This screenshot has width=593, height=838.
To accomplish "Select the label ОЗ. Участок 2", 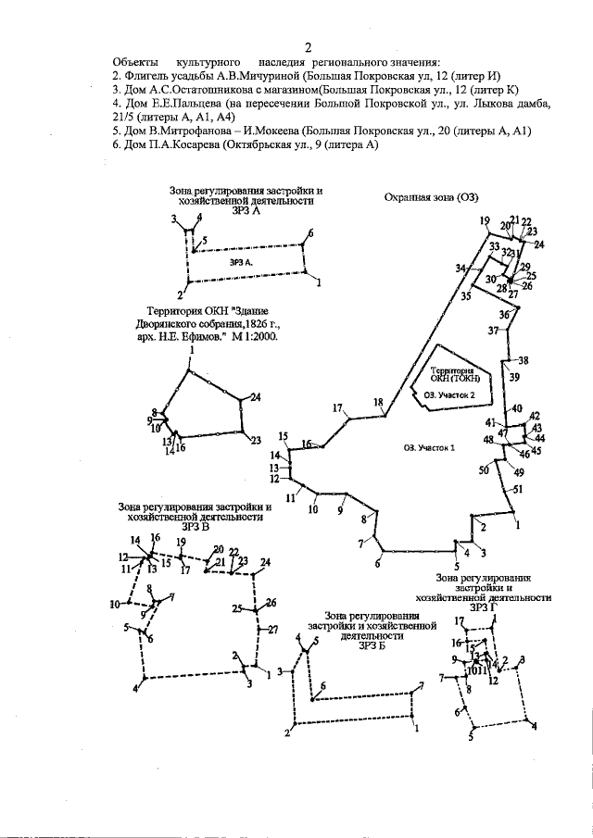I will click(449, 394).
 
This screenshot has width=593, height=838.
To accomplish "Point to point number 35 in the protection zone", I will click(465, 296).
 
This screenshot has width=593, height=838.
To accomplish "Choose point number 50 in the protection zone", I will click(484, 470).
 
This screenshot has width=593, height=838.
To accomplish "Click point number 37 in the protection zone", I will click(493, 331).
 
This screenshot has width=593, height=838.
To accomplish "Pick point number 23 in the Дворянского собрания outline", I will click(256, 441).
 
